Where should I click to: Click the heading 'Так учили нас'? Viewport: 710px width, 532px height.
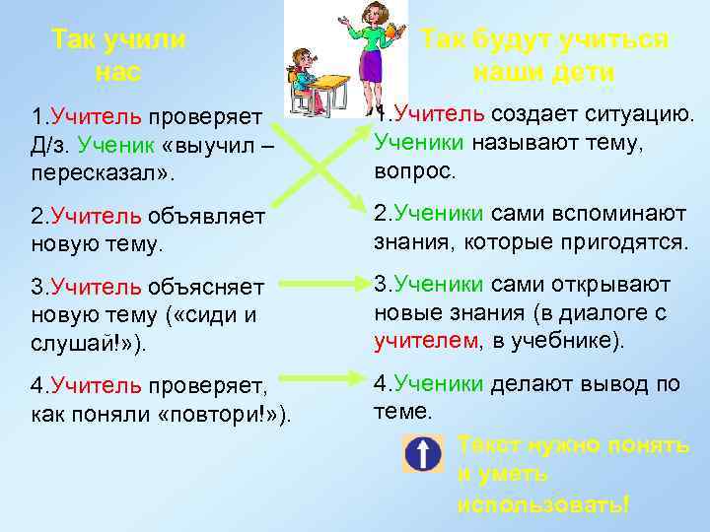tap(118, 55)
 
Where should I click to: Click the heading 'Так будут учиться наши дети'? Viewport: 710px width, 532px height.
tap(543, 55)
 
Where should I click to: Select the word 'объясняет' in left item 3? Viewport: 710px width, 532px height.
tap(207, 287)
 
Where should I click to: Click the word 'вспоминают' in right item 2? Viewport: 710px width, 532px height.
tap(602, 215)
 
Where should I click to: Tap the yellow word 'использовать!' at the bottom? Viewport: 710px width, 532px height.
tap(542, 503)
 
